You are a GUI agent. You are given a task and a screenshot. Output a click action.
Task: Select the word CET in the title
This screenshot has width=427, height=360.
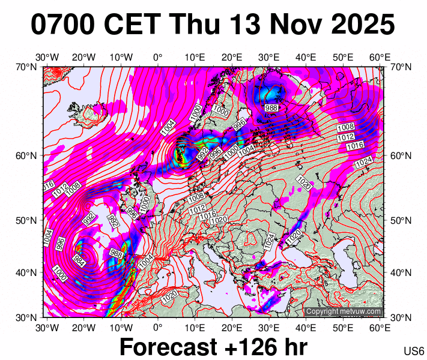click(135, 25)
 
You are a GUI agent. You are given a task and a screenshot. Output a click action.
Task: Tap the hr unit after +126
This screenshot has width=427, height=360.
click(294, 347)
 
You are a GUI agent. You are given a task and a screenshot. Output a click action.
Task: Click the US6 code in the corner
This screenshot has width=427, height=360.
click(414, 351)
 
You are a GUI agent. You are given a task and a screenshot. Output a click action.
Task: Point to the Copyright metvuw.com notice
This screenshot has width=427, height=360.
click(343, 311)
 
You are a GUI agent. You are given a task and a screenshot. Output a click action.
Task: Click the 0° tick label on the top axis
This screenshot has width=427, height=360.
click(158, 58)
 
